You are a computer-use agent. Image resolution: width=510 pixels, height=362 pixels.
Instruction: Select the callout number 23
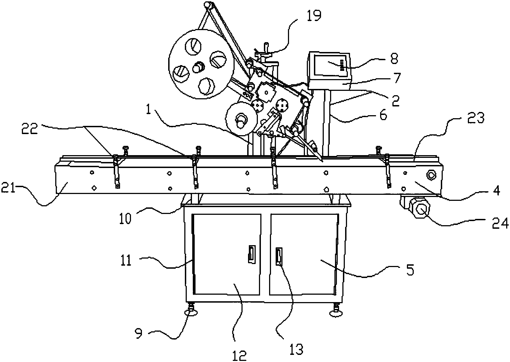[476, 118]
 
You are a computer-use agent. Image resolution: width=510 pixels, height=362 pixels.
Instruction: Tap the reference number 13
[296, 349]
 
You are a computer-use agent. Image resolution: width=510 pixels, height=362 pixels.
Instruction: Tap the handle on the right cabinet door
[278, 256]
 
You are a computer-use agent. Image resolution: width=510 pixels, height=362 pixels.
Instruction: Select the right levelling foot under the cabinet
[336, 310]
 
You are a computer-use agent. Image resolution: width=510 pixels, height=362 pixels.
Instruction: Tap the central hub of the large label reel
[198, 67]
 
